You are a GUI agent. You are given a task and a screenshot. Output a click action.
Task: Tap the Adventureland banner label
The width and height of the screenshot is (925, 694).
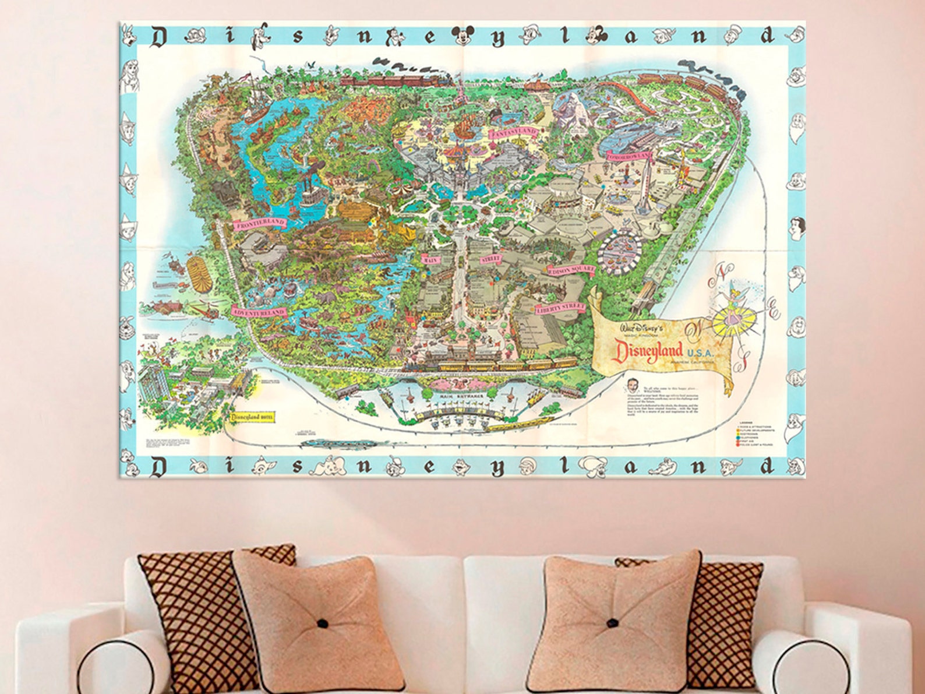click(259, 312)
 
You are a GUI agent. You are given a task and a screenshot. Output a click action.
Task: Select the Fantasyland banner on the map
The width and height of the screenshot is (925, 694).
click(513, 133)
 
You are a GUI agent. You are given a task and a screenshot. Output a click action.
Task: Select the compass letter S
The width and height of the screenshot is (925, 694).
click(742, 362)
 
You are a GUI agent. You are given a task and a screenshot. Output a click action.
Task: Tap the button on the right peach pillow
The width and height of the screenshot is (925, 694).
click(613, 622)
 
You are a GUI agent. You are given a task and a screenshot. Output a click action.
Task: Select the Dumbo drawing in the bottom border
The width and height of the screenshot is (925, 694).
click(331, 466)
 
